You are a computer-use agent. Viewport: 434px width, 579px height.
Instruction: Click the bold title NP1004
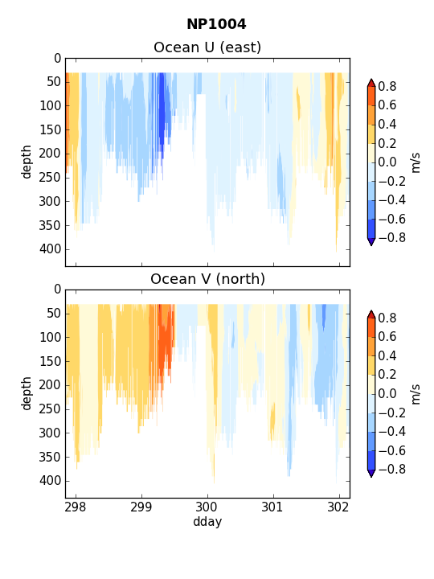(x=216, y=24)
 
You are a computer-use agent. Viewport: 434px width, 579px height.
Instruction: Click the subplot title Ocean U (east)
(x=207, y=47)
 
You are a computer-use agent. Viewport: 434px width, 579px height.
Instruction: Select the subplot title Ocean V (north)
(x=208, y=279)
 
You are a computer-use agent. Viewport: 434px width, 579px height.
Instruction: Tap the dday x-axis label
(x=207, y=521)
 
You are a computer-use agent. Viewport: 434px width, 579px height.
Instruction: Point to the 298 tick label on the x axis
(x=76, y=507)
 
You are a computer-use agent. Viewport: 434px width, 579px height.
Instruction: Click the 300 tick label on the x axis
(x=207, y=507)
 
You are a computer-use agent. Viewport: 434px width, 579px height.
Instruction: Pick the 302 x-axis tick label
(x=338, y=507)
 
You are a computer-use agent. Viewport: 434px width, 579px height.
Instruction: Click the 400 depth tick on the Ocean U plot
(x=50, y=249)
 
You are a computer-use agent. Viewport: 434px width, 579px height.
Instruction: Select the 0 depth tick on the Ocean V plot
(x=57, y=289)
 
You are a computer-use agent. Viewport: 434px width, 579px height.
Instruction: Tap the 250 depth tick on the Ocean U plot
(x=50, y=177)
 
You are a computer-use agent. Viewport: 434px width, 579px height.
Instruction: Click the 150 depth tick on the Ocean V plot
(x=50, y=361)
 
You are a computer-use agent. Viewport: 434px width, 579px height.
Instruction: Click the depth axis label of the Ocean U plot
(x=27, y=162)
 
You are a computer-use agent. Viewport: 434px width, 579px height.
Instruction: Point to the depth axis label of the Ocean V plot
(x=27, y=393)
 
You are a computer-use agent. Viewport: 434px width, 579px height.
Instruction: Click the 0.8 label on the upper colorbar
(x=387, y=86)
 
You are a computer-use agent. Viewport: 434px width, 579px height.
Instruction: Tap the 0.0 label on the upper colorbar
(x=387, y=162)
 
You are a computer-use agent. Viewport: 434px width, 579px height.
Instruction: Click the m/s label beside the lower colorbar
(x=416, y=394)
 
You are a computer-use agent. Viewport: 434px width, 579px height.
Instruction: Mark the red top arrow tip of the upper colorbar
(x=371, y=79)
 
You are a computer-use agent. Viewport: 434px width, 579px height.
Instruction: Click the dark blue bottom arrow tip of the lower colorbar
(x=371, y=477)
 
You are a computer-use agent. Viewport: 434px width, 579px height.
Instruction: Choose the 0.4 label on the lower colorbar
(x=387, y=355)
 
